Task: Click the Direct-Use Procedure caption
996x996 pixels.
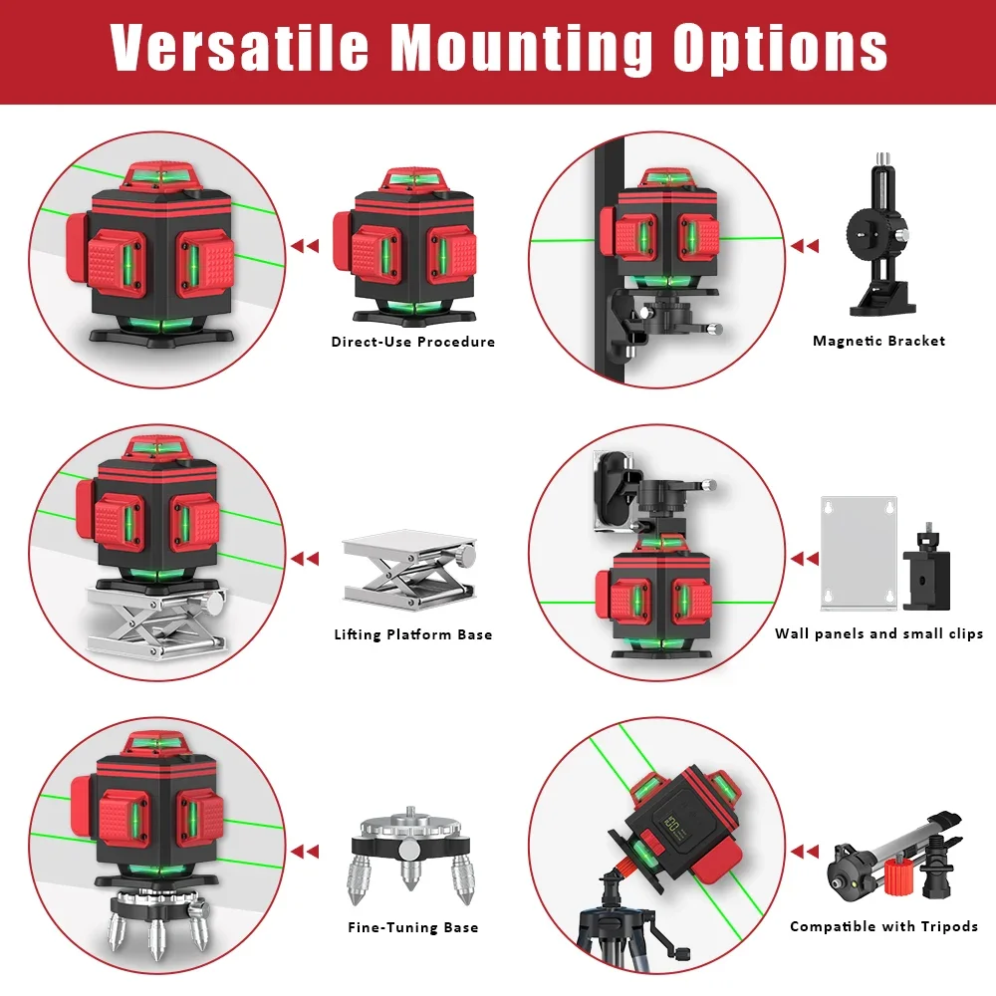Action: (x=412, y=342)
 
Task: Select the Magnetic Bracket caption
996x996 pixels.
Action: (x=878, y=341)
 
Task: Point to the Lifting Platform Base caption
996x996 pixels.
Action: (x=412, y=634)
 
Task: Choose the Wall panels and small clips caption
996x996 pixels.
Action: (x=878, y=633)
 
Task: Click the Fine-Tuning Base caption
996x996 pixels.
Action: (x=412, y=927)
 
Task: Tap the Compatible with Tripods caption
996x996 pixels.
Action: (x=883, y=926)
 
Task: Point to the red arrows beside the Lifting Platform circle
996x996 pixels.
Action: (x=305, y=559)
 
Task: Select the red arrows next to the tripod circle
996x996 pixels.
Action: (x=804, y=852)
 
